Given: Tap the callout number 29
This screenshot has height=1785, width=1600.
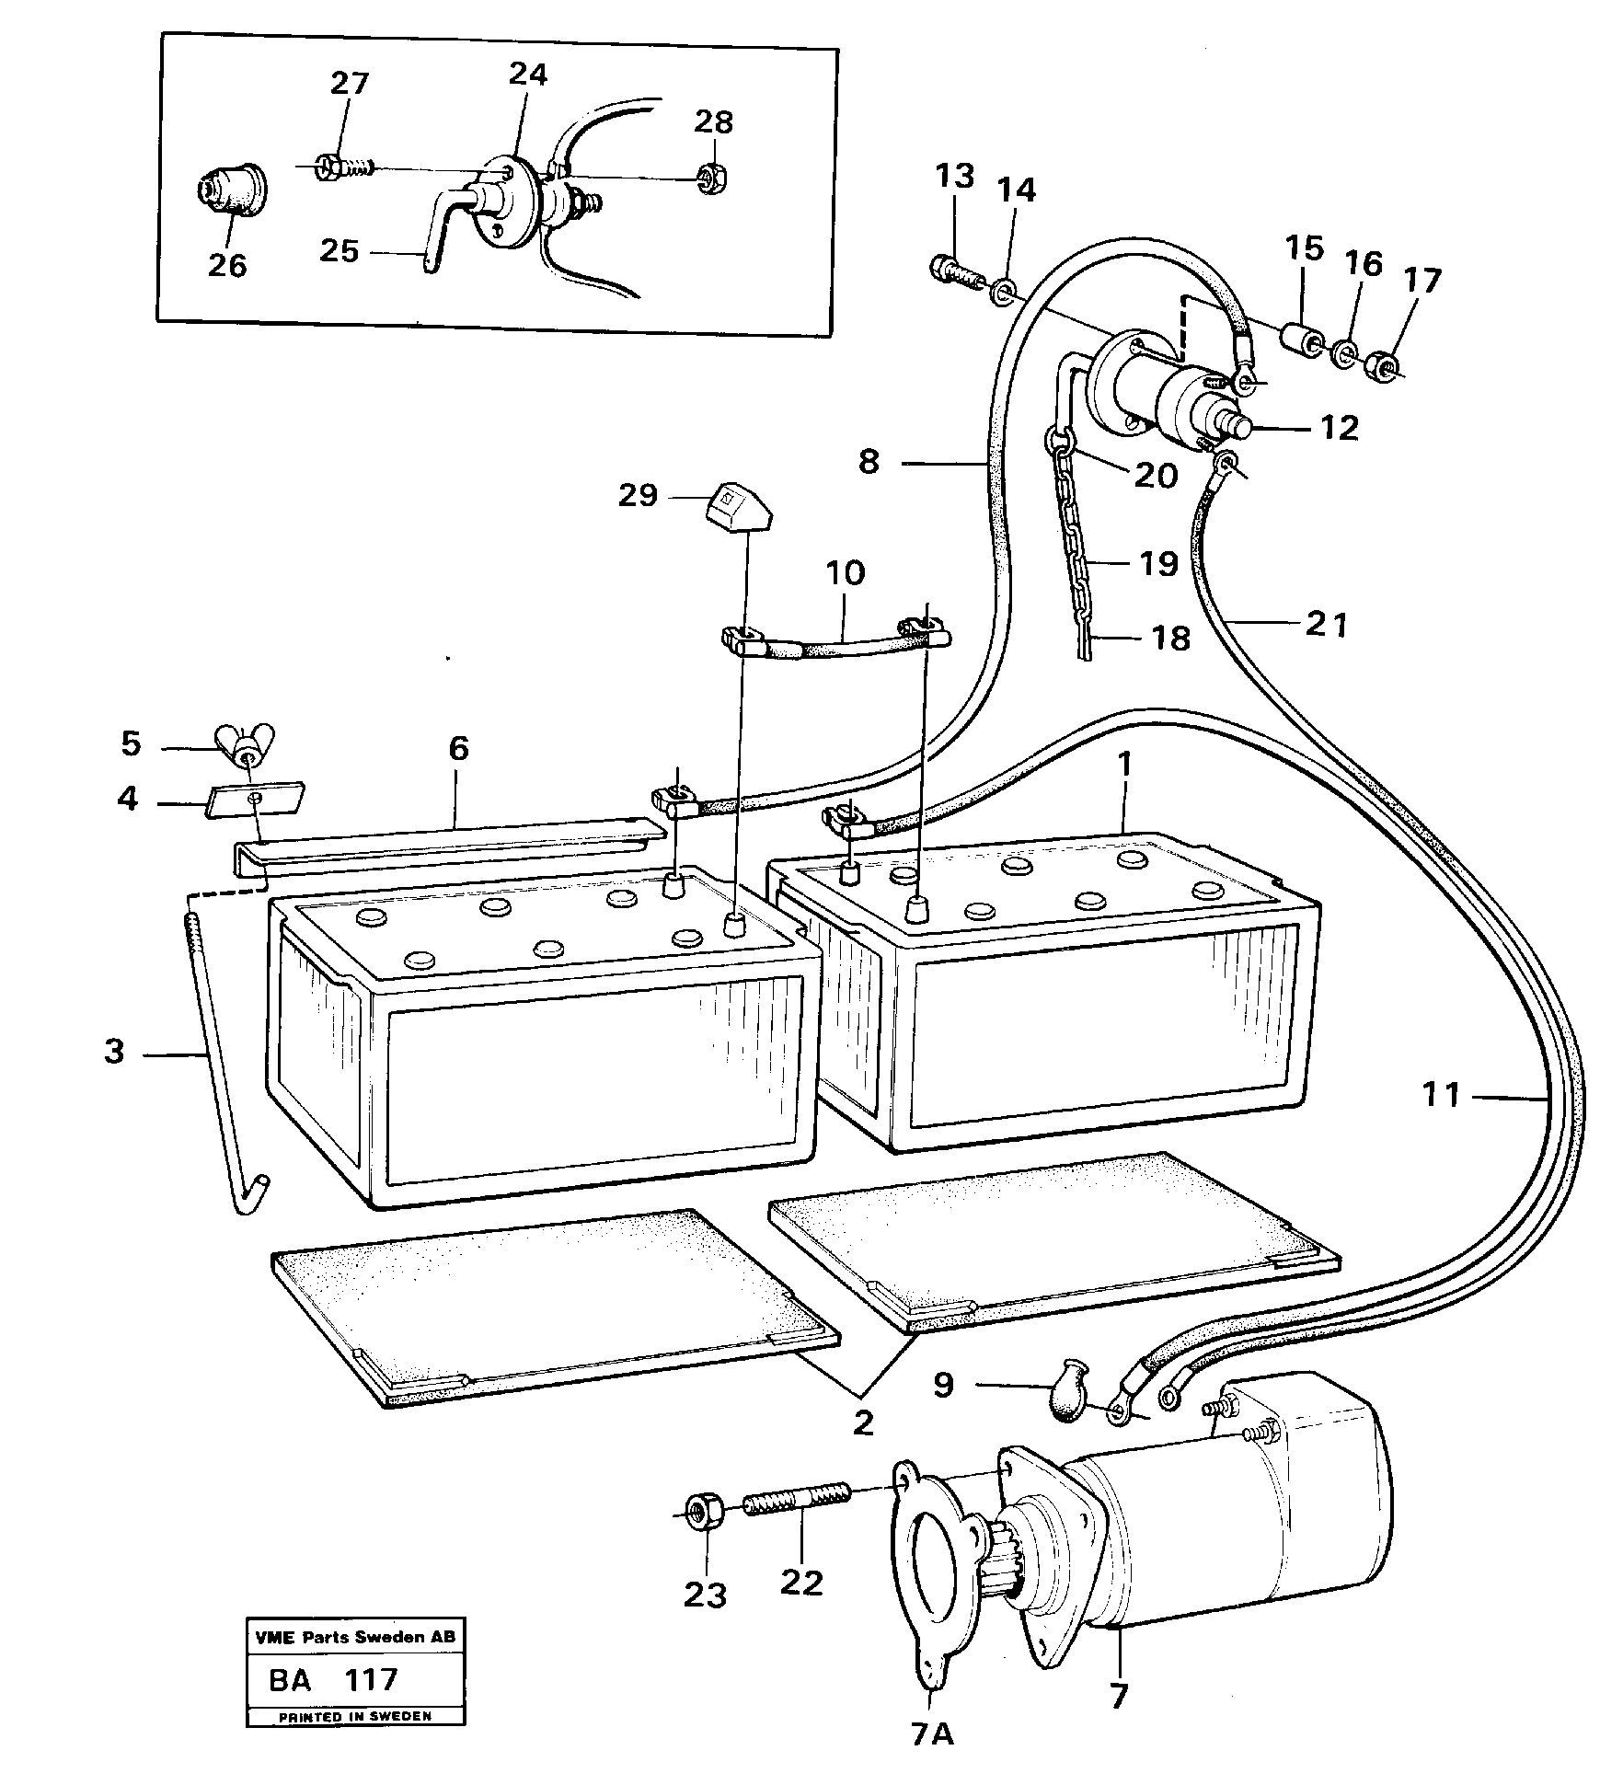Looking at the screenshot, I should (638, 496).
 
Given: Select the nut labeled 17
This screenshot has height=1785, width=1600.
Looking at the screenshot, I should (1382, 366).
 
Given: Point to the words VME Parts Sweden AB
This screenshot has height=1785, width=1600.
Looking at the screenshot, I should (353, 1637).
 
